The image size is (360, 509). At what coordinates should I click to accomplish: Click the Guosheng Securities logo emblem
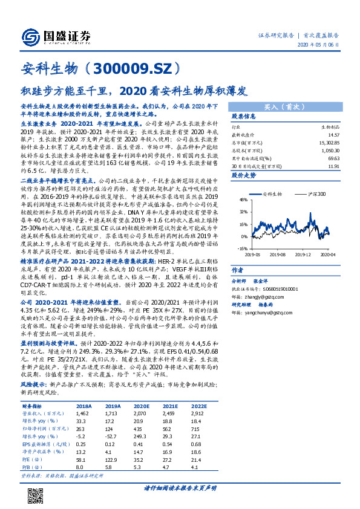[28, 36]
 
